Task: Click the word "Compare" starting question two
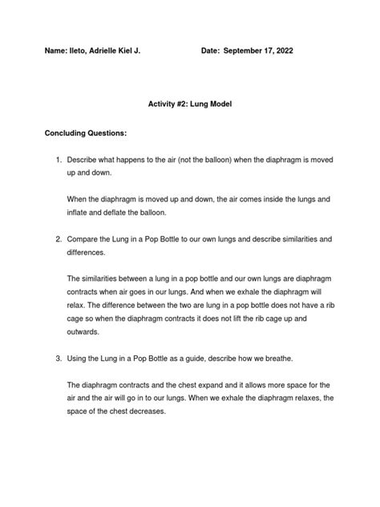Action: pos(85,239)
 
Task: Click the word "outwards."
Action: pos(83,331)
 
